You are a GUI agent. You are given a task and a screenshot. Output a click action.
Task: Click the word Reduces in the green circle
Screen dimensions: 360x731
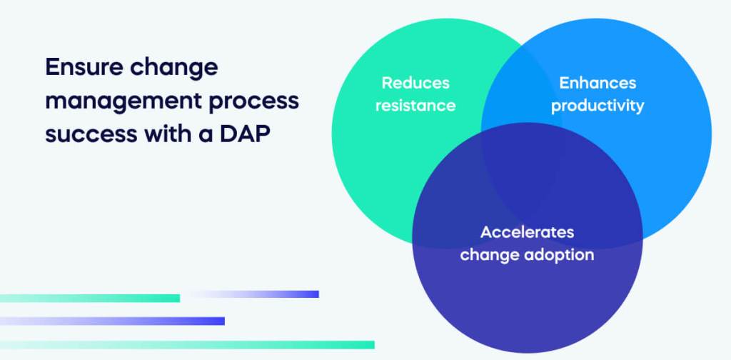point(415,83)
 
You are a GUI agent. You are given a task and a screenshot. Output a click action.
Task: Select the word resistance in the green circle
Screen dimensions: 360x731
point(415,106)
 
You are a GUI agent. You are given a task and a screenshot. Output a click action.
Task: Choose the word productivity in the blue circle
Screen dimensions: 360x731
point(597,106)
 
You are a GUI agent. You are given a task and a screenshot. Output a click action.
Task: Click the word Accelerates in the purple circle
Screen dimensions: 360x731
point(527,232)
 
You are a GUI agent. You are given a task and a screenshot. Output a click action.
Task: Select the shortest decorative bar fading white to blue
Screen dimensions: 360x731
point(253,294)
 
